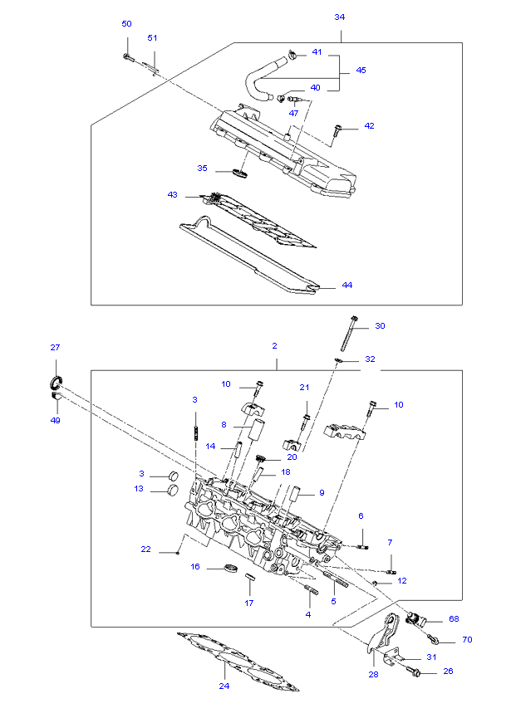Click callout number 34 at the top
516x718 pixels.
coord(339,17)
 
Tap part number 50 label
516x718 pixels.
coord(126,24)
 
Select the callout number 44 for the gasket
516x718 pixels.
coord(346,286)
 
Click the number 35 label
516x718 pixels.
coord(202,168)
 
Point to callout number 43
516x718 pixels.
coord(172,195)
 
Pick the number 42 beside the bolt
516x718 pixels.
coord(369,126)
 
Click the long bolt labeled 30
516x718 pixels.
coord(349,340)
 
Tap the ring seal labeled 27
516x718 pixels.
coord(54,383)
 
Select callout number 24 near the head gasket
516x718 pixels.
coord(224,686)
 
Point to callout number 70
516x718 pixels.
coord(466,641)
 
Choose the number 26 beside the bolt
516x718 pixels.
coord(448,671)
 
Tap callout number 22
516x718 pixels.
coord(145,549)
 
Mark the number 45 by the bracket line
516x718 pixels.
coord(361,71)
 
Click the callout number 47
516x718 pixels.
coord(293,112)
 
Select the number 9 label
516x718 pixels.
coord(322,493)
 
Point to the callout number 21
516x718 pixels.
coord(304,388)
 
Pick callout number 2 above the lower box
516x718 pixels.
coord(274,345)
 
